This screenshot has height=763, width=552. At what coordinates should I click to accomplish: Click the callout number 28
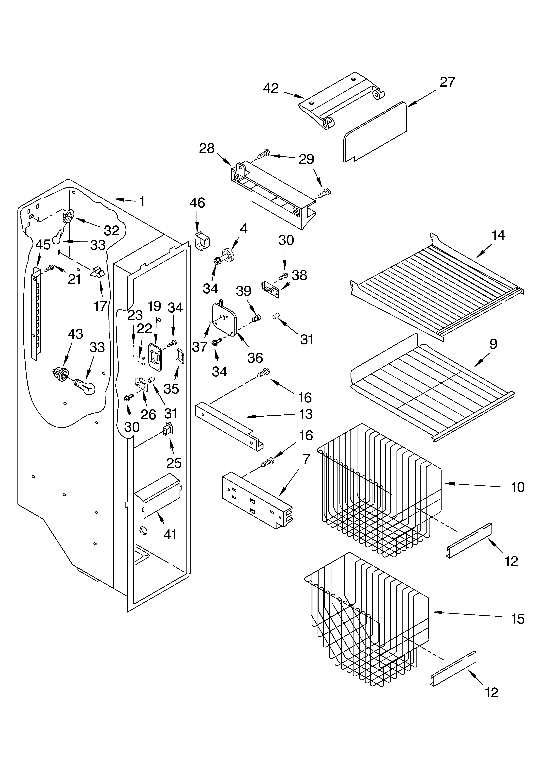tap(207, 148)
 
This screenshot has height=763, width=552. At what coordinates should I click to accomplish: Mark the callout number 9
tap(493, 344)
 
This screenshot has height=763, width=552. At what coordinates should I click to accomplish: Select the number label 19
tap(155, 306)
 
